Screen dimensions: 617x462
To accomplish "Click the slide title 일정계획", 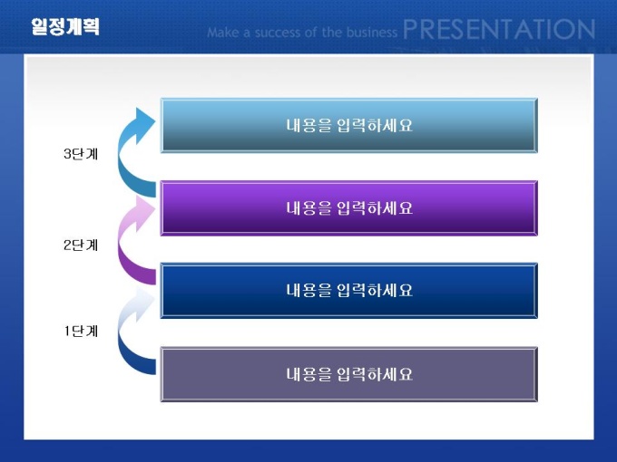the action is (65, 26).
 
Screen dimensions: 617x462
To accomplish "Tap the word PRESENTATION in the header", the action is (498, 29).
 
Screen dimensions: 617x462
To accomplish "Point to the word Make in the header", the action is (222, 33).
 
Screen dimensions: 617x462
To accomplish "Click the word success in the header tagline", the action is (279, 33).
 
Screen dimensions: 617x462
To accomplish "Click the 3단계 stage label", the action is (81, 154).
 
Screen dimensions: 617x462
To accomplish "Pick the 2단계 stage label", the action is (81, 245).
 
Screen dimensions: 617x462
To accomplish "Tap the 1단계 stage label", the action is (81, 332).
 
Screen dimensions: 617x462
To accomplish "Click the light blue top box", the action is (349, 125).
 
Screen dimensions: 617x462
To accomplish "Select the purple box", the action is (349, 207).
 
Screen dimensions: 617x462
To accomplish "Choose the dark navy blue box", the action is (349, 290).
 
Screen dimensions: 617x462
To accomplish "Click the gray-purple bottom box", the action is (349, 374).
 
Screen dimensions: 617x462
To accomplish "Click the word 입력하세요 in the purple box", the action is (375, 207).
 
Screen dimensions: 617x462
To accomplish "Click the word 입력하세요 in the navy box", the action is (375, 290).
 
